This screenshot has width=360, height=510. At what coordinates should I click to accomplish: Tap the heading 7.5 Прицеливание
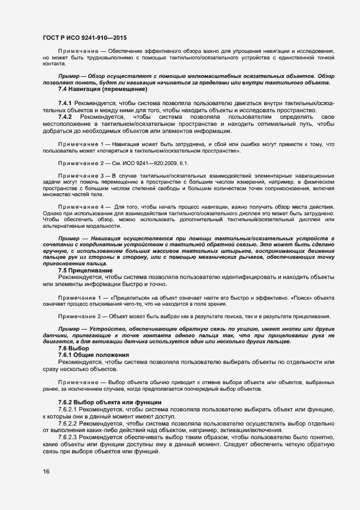(x=86, y=270)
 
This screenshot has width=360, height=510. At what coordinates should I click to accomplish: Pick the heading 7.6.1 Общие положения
(x=91, y=355)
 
